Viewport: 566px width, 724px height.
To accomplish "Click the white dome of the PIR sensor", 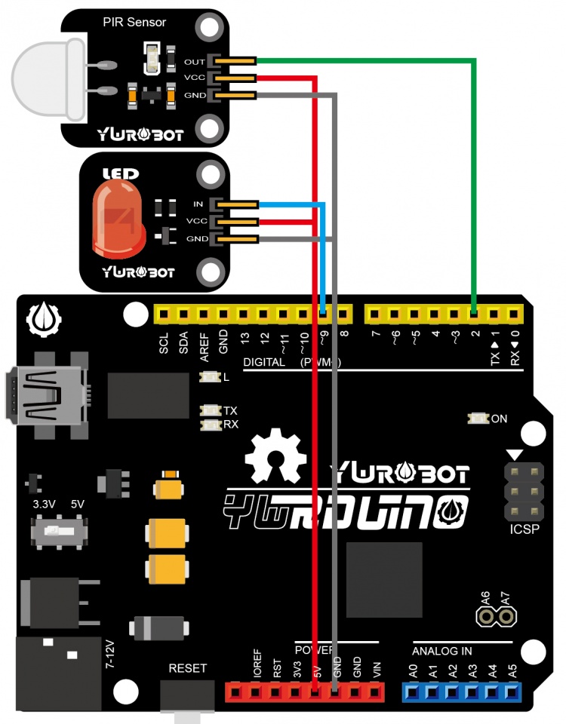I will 45,79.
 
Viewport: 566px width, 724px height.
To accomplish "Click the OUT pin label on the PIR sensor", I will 194,61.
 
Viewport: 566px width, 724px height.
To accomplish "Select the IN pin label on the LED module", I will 198,204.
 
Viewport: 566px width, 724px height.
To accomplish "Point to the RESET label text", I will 187,668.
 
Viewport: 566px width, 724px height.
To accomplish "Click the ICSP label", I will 524,529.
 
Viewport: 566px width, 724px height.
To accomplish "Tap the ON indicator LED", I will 478,418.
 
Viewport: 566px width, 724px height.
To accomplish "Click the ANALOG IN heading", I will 442,650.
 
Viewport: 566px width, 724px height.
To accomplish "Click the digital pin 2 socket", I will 474,312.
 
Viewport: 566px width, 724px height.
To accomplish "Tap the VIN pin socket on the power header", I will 375,691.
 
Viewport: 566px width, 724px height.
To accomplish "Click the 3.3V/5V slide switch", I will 57,532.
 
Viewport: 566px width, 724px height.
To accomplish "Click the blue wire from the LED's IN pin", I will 323,256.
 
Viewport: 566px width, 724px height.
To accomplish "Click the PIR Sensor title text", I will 134,23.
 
